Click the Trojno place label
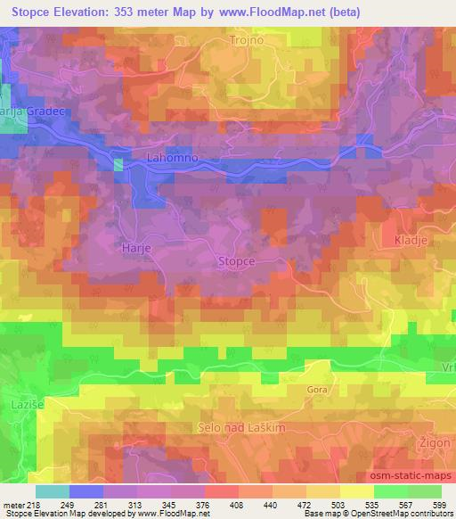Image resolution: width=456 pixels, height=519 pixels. (x=244, y=39)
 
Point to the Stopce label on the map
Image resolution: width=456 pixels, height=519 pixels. (x=236, y=261)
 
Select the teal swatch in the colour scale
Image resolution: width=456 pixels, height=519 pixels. (x=53, y=491)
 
